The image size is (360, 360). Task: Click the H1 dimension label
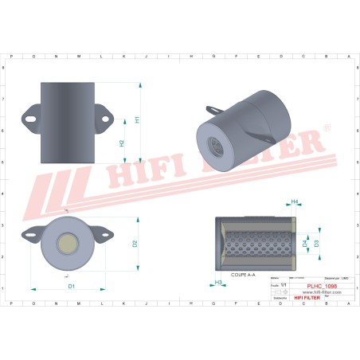point(137,119)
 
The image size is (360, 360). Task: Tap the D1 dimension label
point(70,285)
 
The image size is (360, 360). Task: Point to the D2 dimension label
point(135,243)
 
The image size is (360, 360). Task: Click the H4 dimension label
point(294,202)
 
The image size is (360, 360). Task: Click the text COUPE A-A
point(243,273)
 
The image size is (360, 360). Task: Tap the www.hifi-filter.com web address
point(321,292)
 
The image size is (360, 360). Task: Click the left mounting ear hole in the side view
point(32,119)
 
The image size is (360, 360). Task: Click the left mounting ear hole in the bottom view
point(32,233)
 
